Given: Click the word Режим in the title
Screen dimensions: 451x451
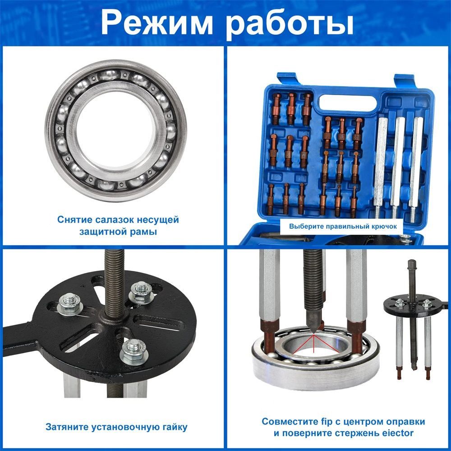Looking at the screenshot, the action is [157, 23].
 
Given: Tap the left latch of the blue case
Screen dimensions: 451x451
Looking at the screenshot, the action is [287, 79].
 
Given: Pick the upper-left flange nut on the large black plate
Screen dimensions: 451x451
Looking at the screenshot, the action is [70, 304].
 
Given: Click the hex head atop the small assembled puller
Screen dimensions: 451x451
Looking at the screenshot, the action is [412, 263].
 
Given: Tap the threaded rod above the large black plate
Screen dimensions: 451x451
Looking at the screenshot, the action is [114, 282].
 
